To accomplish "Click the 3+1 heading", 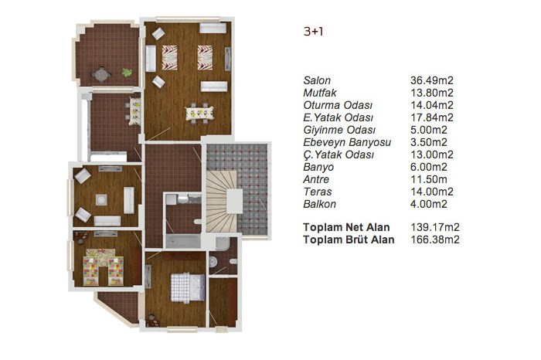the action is (x=313, y=32).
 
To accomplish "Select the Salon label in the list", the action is (x=317, y=80).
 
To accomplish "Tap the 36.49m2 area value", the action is (x=431, y=80).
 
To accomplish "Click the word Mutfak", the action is (x=320, y=93).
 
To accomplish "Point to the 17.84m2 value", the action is (x=431, y=117).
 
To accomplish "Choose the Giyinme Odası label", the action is (x=339, y=130).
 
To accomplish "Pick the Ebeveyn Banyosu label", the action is (x=347, y=142).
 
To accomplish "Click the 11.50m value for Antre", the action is (x=428, y=179).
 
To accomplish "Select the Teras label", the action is (x=318, y=192).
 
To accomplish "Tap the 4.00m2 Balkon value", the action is (x=428, y=204).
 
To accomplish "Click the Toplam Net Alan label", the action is (x=346, y=228).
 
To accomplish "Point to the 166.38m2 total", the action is (x=434, y=239).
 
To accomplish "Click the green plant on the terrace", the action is (x=127, y=73).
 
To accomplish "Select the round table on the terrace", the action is (x=101, y=74).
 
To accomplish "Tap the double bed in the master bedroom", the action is (x=188, y=287).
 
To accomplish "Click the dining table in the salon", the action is (x=199, y=113).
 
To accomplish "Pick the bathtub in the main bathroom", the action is (x=183, y=241).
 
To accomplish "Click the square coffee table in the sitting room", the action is (x=101, y=199).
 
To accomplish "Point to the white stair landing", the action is (x=234, y=201).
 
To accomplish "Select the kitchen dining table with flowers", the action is (x=135, y=111).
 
